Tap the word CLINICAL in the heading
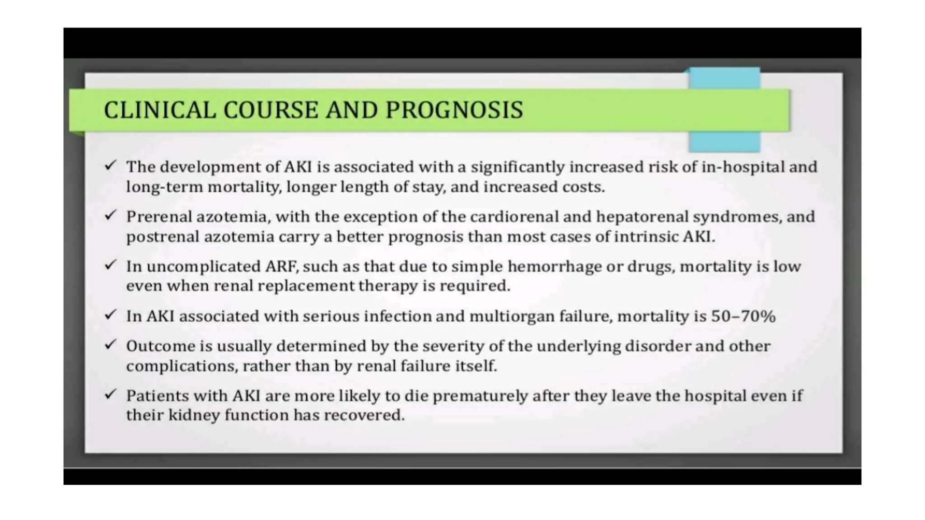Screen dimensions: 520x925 tap(160, 110)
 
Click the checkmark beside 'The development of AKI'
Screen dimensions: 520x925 tap(111, 165)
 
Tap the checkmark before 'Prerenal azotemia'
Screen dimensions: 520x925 tap(111, 215)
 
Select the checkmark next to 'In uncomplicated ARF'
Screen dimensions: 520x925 tap(111, 265)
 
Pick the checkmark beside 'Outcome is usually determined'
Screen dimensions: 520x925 tap(111, 345)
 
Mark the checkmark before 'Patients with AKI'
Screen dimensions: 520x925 tap(111, 395)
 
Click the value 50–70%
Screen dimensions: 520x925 tap(743, 316)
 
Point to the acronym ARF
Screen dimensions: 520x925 tap(281, 266)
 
